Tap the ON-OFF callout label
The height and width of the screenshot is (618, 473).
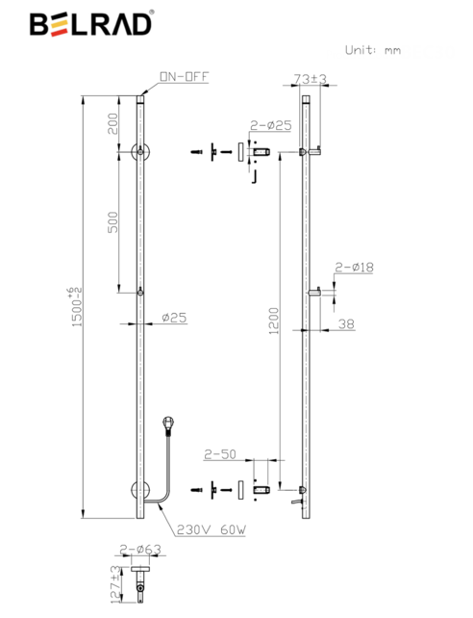(x=184, y=77)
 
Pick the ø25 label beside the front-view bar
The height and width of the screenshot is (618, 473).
(x=173, y=317)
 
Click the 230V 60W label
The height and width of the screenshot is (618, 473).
(x=203, y=528)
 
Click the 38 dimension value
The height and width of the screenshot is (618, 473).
(x=346, y=325)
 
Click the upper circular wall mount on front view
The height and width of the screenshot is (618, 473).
(x=140, y=151)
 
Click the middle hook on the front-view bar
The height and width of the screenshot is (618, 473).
(x=140, y=293)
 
